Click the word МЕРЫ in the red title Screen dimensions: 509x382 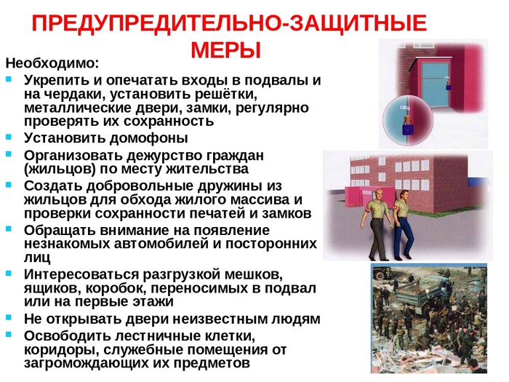pos(226,50)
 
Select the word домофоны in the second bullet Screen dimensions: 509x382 pos(148,138)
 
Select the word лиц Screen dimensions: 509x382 pos(37,258)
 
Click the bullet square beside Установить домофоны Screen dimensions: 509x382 pos(9,137)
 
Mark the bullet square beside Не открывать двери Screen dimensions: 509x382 pos(9,317)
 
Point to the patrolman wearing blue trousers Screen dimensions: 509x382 pos(403,224)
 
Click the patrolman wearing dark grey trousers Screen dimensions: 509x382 pos(378,224)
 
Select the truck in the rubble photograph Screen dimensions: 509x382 pos(414,300)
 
